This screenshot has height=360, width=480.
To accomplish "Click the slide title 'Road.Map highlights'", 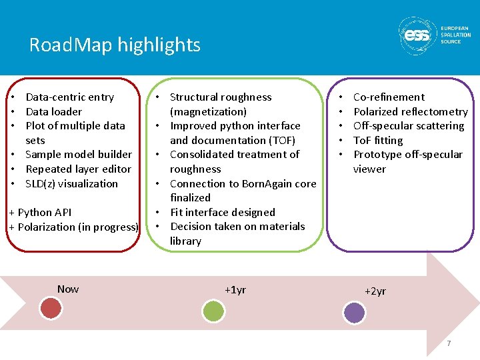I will click(x=114, y=45).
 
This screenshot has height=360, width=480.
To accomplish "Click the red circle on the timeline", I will click(x=51, y=308).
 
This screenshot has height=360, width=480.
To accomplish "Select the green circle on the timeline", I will click(x=213, y=311).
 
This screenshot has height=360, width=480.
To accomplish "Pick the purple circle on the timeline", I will click(x=354, y=312).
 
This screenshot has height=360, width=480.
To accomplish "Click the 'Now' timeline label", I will click(x=67, y=289).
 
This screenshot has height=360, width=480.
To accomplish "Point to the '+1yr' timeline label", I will click(x=235, y=289).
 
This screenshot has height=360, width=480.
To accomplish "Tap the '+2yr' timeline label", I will click(x=375, y=291).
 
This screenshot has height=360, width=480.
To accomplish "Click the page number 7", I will click(x=449, y=343).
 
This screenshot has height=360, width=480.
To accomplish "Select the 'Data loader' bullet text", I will click(x=53, y=111).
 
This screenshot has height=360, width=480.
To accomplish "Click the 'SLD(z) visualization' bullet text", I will click(x=71, y=183).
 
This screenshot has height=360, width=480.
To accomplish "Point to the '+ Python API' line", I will click(x=40, y=212).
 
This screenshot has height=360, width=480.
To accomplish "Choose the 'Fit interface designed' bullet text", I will click(x=223, y=212).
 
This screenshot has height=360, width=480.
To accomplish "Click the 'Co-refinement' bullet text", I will click(x=389, y=97).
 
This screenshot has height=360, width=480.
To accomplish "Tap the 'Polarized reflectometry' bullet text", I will click(x=411, y=111).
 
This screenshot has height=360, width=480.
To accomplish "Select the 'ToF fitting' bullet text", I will click(x=378, y=140).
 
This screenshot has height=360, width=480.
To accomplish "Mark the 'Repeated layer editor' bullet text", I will click(x=78, y=169).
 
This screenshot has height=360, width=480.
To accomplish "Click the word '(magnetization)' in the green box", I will click(x=208, y=111).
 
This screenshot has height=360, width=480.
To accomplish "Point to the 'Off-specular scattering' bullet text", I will click(x=409, y=125).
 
